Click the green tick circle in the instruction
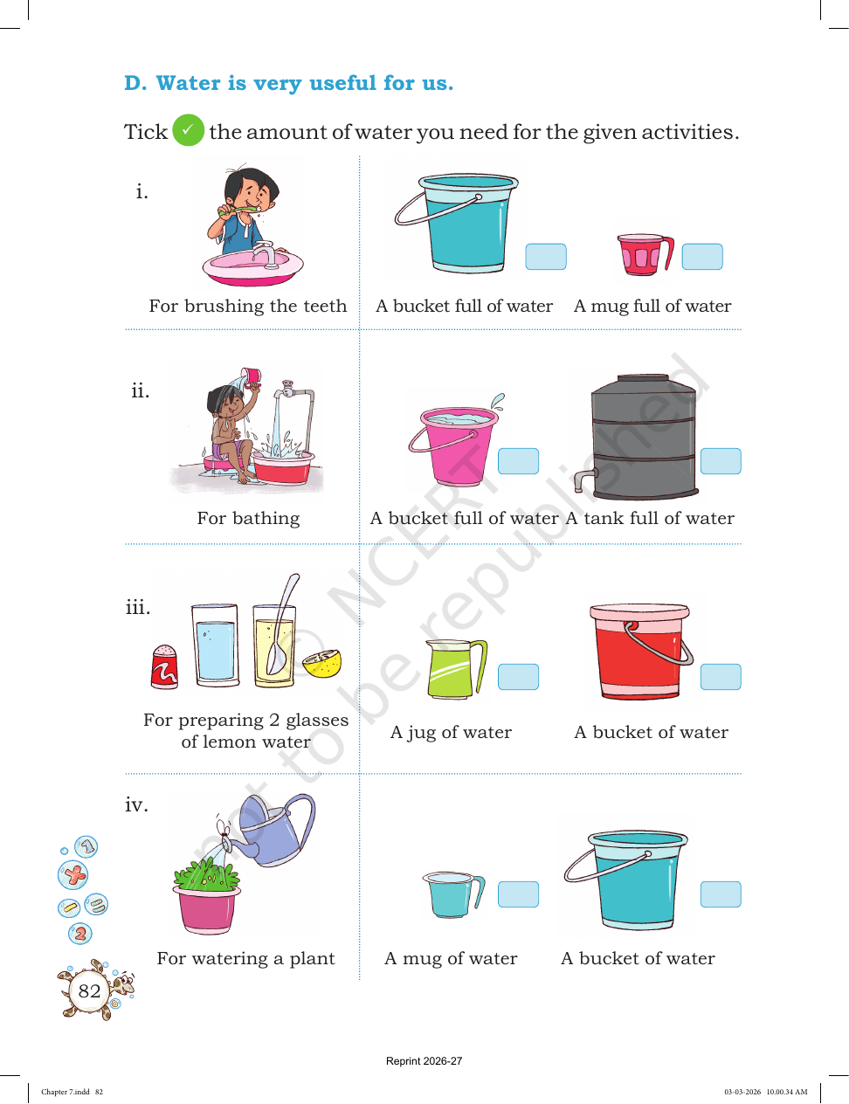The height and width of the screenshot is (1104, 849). (188, 130)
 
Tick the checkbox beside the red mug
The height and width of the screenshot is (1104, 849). (701, 256)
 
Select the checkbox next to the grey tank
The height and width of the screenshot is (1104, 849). (720, 461)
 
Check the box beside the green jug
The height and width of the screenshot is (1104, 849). (518, 676)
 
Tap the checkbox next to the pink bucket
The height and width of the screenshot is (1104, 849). (518, 461)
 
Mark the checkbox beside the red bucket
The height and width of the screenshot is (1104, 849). (720, 676)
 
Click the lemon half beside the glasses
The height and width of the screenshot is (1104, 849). (321, 663)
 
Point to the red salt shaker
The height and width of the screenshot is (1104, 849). (164, 666)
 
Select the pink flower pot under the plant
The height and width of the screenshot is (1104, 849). (206, 909)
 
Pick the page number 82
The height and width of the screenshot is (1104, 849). (89, 990)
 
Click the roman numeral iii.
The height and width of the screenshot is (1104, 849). (138, 606)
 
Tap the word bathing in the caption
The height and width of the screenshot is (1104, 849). (266, 519)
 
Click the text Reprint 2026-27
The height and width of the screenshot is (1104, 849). (424, 1061)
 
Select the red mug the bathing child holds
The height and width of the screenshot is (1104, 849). (251, 376)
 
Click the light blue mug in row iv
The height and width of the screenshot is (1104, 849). (453, 894)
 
